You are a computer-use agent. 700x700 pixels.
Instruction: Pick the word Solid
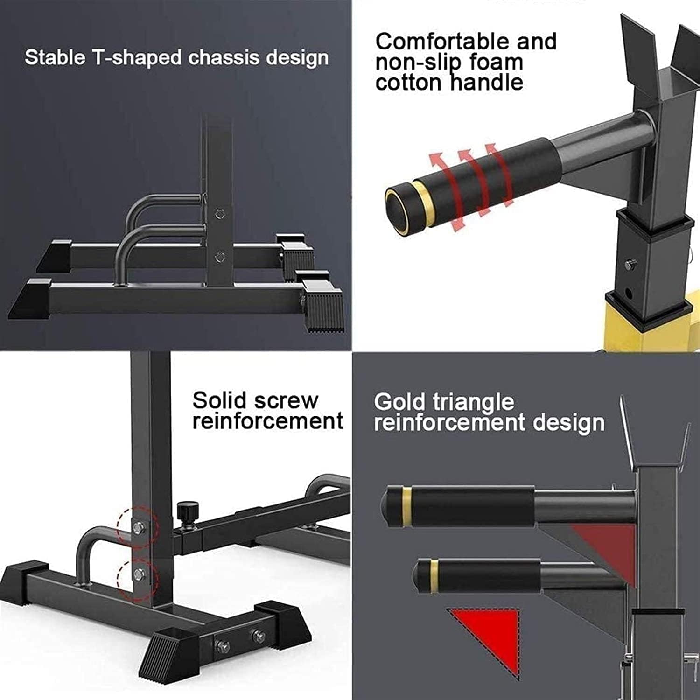pyautogui.click(x=219, y=400)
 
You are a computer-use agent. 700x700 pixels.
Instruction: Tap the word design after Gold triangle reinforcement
pyautogui.click(x=568, y=423)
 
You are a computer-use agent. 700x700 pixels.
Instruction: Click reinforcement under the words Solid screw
pyautogui.click(x=268, y=421)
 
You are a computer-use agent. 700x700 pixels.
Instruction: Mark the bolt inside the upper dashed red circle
pyautogui.click(x=139, y=527)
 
